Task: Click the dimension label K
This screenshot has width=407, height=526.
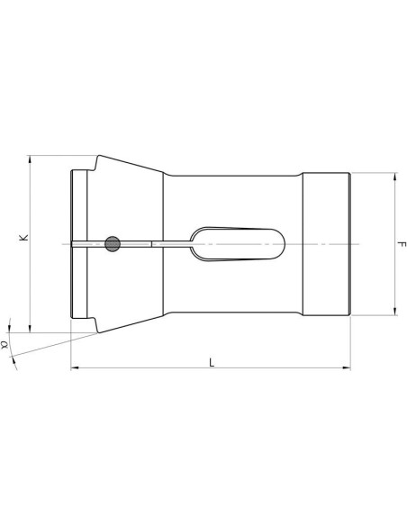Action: [23, 238]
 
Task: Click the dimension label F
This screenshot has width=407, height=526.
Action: [402, 244]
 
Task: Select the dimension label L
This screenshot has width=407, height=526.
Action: [212, 362]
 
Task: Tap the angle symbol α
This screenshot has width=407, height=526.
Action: [5, 345]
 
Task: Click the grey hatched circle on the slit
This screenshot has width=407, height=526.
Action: [113, 244]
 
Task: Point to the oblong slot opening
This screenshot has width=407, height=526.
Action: [238, 244]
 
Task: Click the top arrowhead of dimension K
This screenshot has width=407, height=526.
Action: [31, 159]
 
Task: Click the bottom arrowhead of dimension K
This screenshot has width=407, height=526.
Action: [31, 329]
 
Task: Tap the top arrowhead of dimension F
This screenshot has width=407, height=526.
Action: [395, 177]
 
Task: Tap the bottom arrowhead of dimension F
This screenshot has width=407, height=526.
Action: [395, 312]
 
